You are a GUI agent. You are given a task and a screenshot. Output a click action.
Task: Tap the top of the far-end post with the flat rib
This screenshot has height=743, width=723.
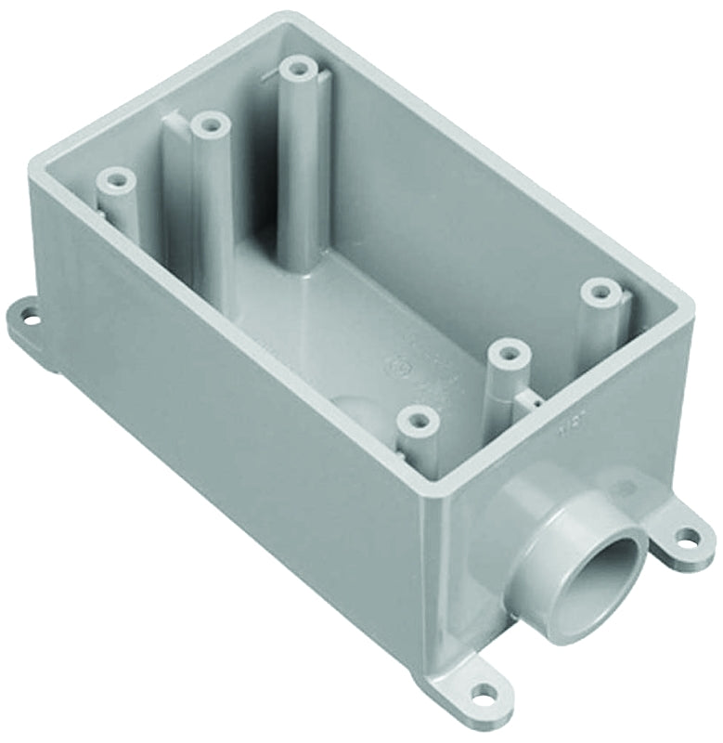tap(210, 124)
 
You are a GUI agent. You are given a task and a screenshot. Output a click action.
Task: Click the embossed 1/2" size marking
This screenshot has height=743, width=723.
tap(638, 429)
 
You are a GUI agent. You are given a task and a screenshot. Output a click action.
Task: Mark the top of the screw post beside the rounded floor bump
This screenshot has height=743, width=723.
tap(418, 421)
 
